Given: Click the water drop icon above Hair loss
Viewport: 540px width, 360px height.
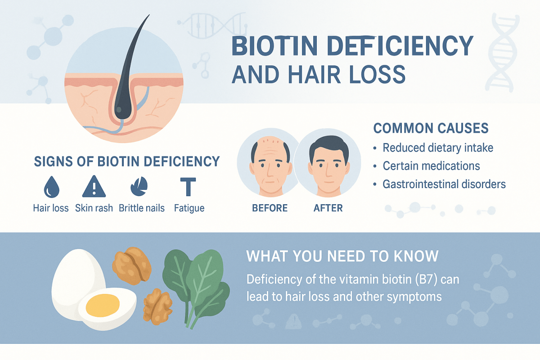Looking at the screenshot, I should coord(50,187).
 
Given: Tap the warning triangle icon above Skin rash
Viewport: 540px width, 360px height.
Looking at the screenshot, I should coord(94,187).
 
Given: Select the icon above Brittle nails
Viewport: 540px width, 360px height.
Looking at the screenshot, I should coord(139,187).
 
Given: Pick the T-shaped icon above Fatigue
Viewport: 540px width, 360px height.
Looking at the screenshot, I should coord(188,187).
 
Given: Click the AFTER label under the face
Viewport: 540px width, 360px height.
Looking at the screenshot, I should coord(328,208).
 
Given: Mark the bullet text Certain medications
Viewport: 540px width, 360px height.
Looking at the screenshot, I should coord(431,166).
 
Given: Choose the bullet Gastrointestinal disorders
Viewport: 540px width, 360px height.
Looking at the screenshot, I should coord(444,184).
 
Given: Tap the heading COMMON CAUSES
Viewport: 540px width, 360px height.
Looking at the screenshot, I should coord(431,128).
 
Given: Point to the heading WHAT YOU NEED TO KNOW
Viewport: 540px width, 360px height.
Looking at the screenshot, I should coord(342,256).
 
